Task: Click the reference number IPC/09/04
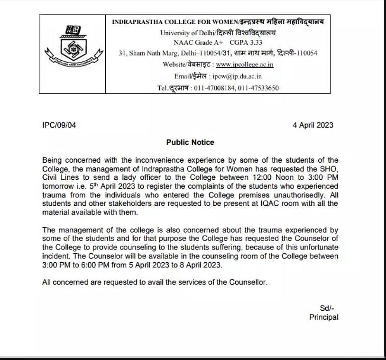(x=59, y=125)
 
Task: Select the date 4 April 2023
(x=313, y=125)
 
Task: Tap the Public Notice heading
(x=190, y=142)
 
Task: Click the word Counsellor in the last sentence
(x=248, y=282)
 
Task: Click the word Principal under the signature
(x=324, y=317)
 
